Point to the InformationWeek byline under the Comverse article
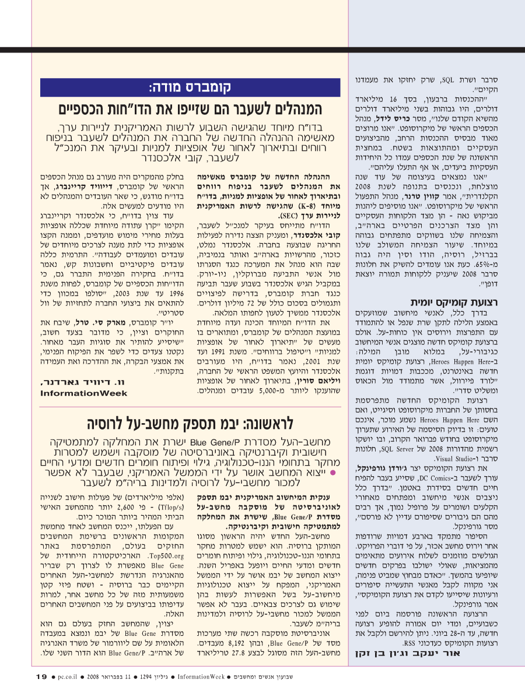[x=83, y=393]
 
